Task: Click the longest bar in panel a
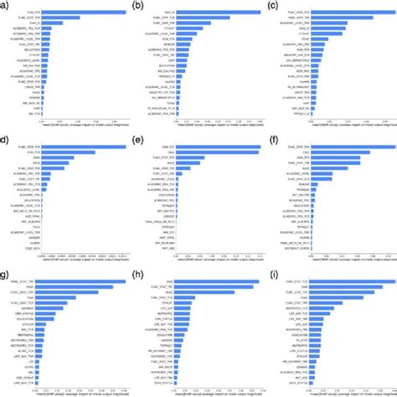tap(78, 12)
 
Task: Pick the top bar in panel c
tap(339, 12)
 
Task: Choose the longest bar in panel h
tap(209, 281)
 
